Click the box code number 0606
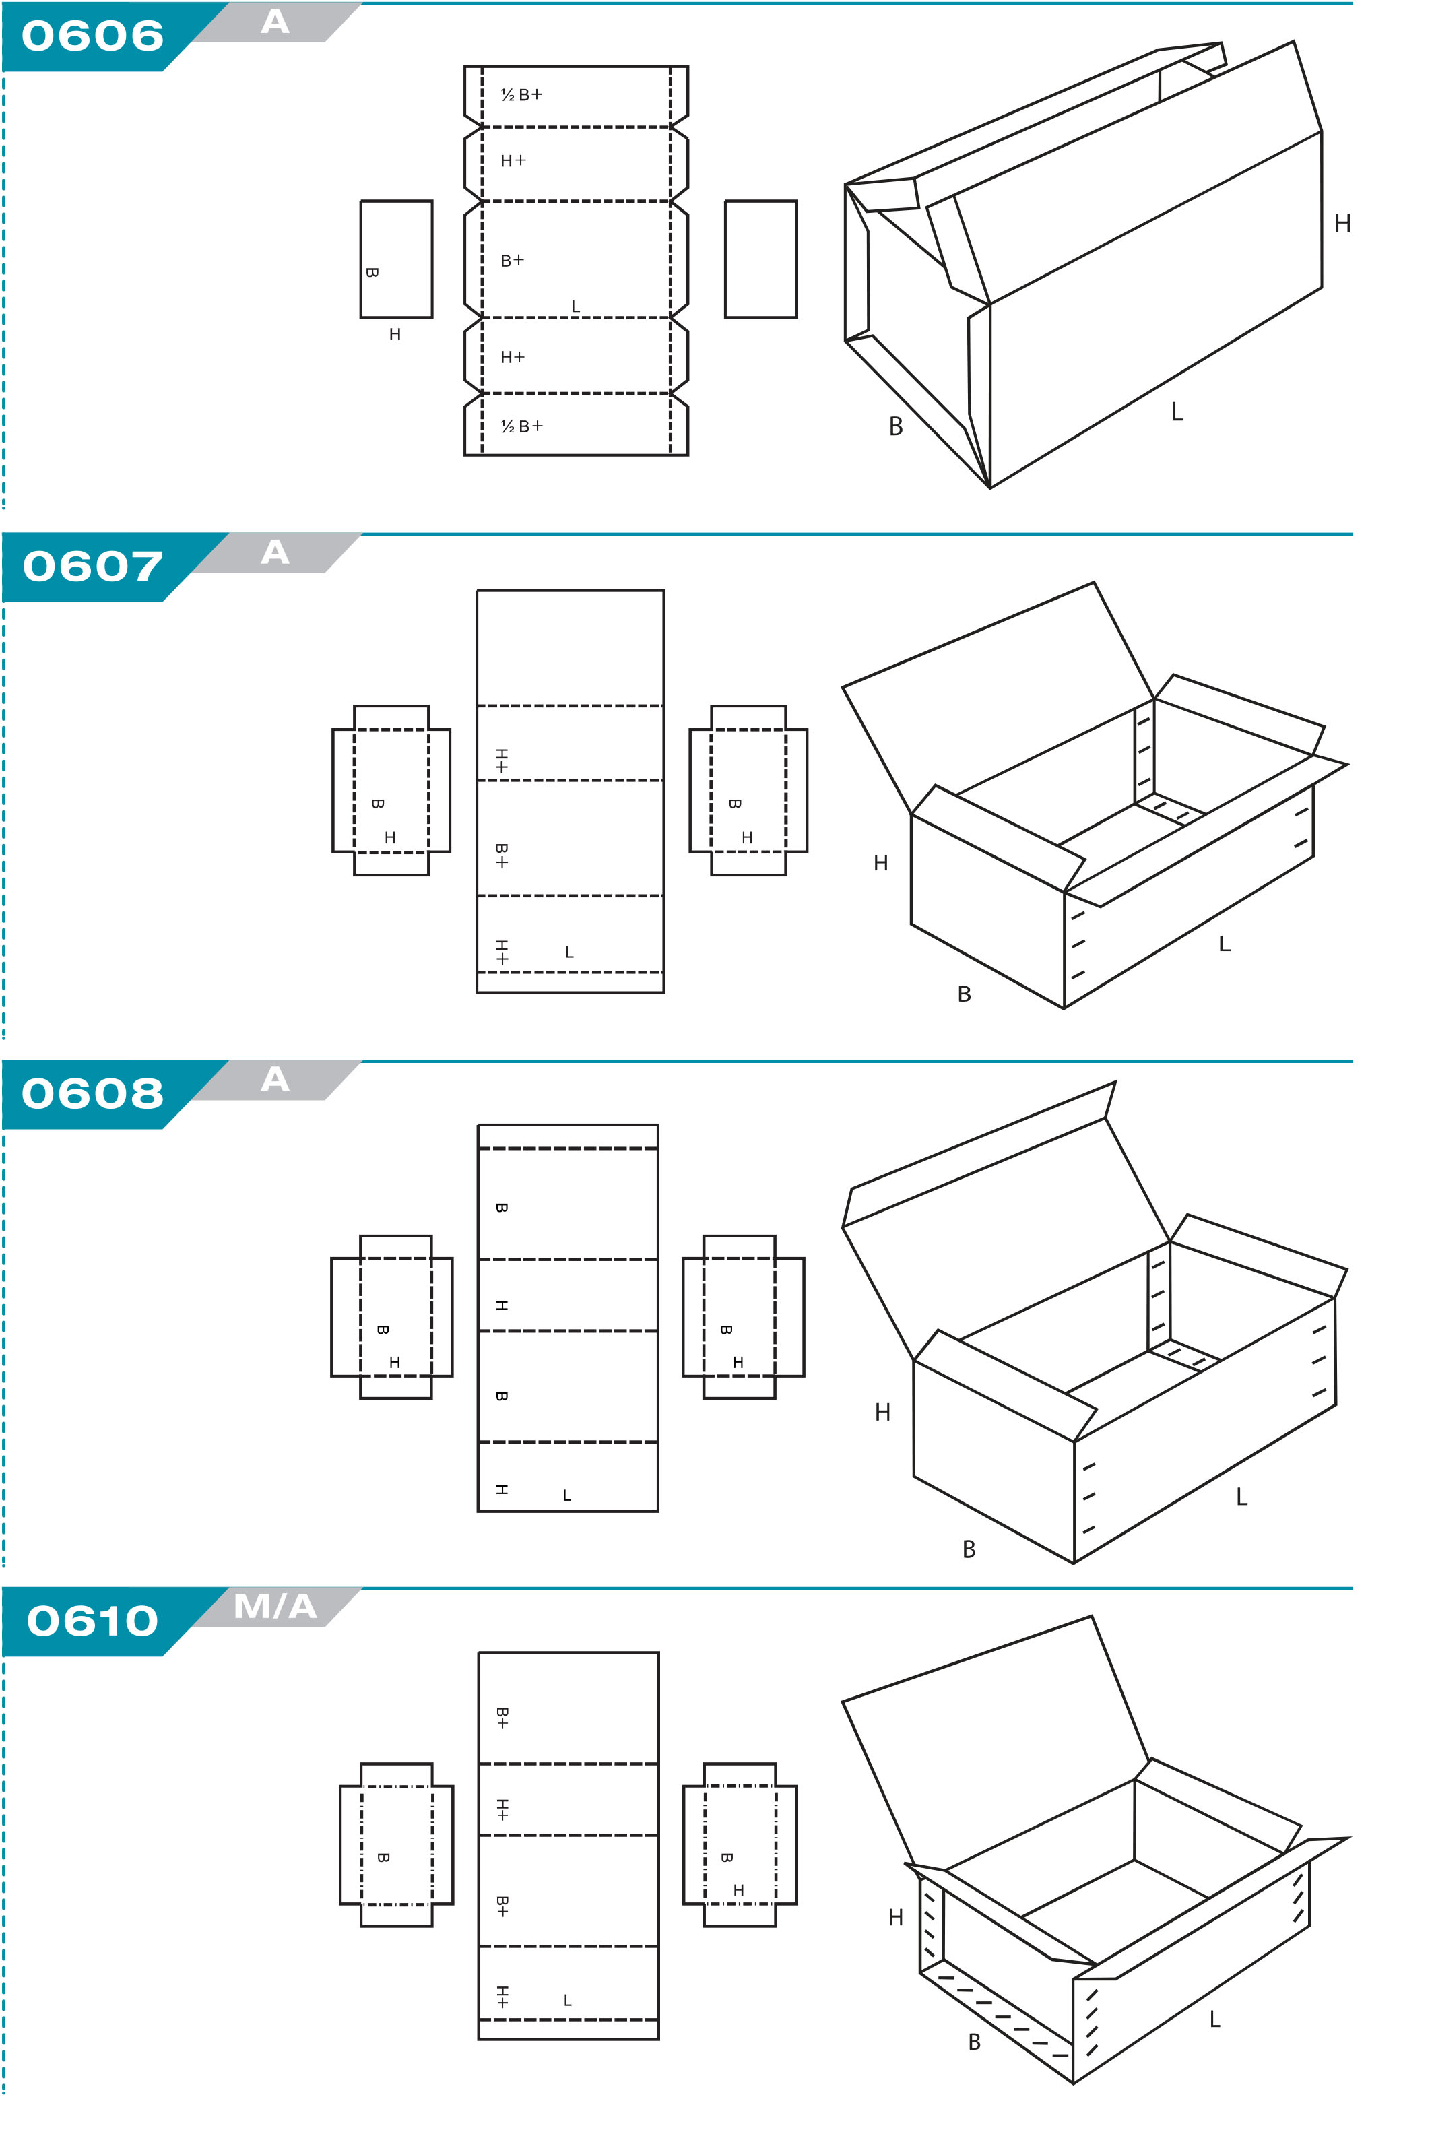click(x=92, y=36)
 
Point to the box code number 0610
click(x=92, y=1621)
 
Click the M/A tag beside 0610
click(x=275, y=1606)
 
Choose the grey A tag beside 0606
click(x=275, y=22)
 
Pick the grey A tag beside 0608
click(x=275, y=1079)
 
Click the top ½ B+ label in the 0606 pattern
click(x=521, y=95)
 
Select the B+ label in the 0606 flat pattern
click(x=513, y=260)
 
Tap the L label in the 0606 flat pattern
click(x=575, y=306)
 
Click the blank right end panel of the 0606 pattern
click(x=760, y=259)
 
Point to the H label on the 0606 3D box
click(x=1342, y=224)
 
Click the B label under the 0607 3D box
click(x=965, y=994)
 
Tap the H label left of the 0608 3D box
click(x=882, y=1413)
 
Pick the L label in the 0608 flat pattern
click(x=567, y=1495)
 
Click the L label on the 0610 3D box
click(x=1214, y=2020)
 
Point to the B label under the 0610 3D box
click(x=975, y=2042)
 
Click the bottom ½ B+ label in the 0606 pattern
click(x=521, y=426)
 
